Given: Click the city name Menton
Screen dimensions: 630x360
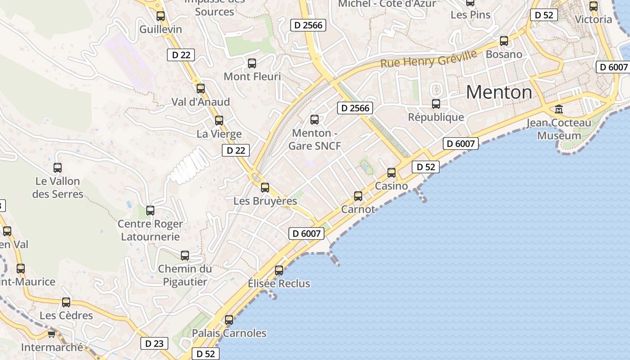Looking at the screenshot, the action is tap(499, 92).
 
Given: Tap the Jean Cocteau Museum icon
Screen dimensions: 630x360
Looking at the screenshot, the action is tap(559, 109).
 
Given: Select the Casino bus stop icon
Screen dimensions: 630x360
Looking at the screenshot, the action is tap(391, 172).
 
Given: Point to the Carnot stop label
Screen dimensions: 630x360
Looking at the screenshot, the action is tap(358, 209).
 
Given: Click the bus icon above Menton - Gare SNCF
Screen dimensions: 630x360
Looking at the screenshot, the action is tap(315, 120).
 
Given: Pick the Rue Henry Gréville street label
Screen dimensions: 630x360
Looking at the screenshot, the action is tap(428, 59).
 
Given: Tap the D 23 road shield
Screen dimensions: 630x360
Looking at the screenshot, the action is tap(154, 343).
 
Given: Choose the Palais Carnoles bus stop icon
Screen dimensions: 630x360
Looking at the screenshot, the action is tap(229, 320).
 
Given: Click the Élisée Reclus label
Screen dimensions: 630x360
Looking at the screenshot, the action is tap(279, 283).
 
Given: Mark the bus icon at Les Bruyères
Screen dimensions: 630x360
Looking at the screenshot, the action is tap(265, 188).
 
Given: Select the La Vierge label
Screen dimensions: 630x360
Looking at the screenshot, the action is tap(219, 134).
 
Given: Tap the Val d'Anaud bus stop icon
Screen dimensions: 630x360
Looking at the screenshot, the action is tap(201, 89).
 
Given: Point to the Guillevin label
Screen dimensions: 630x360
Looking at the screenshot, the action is tap(161, 30).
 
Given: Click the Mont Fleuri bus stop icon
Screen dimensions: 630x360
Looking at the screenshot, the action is tap(252, 63).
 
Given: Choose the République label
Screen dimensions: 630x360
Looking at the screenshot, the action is tap(436, 117).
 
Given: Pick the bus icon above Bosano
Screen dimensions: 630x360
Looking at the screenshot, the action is tap(504, 41).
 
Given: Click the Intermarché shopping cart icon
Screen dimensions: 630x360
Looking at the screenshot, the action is tap(52, 334).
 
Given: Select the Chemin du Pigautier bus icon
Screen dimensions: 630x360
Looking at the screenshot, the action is tap(185, 256).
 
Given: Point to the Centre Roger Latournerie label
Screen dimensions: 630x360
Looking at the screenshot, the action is tap(150, 230).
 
